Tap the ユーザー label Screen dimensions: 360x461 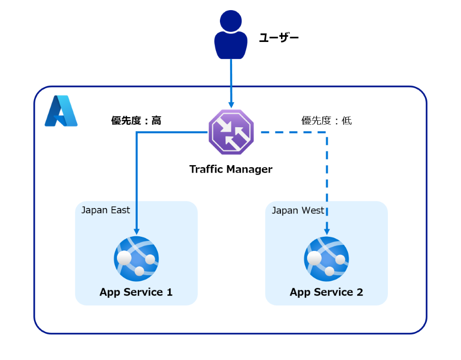tap(279, 37)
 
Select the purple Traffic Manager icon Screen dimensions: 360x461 tap(231, 132)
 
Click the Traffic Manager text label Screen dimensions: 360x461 tap(231, 169)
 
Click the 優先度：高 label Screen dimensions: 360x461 tap(136, 121)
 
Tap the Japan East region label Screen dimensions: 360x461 tap(105, 210)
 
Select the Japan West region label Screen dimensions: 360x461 tap(298, 210)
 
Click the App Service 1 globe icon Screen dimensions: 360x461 tap(136, 259)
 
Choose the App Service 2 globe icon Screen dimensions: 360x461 tap(326, 259)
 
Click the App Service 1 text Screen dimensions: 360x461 tap(136, 292)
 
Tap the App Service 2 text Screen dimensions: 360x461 tap(326, 292)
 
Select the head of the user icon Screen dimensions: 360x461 tap(231, 21)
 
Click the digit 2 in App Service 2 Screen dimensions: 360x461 tap(359, 292)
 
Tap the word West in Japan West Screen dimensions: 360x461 tap(312, 210)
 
